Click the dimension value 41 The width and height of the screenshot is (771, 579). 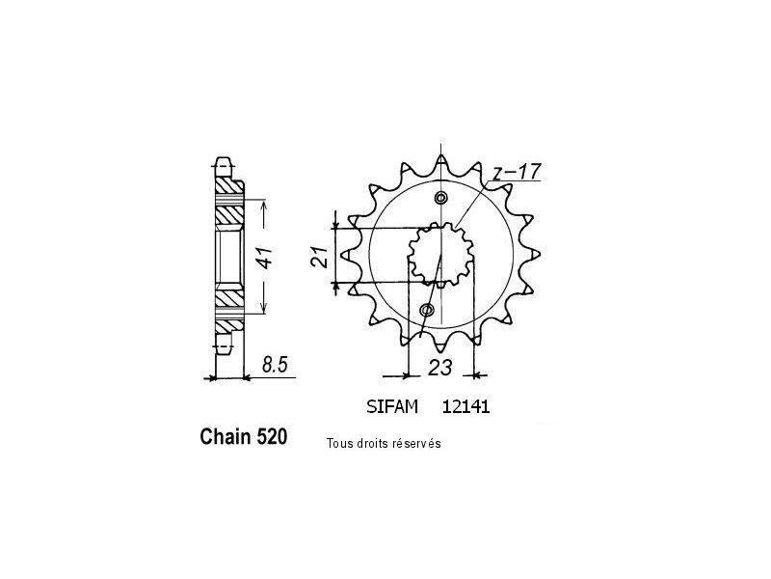click(x=266, y=257)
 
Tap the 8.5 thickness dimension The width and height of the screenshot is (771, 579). click(x=275, y=366)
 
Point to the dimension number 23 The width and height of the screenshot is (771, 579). click(x=439, y=368)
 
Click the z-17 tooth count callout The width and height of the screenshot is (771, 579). click(x=517, y=172)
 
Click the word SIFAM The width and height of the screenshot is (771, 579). click(x=392, y=407)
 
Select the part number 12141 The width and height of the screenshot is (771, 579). click(x=466, y=407)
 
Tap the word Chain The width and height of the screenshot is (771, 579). click(x=225, y=437)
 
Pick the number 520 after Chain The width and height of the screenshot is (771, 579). click(x=271, y=437)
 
